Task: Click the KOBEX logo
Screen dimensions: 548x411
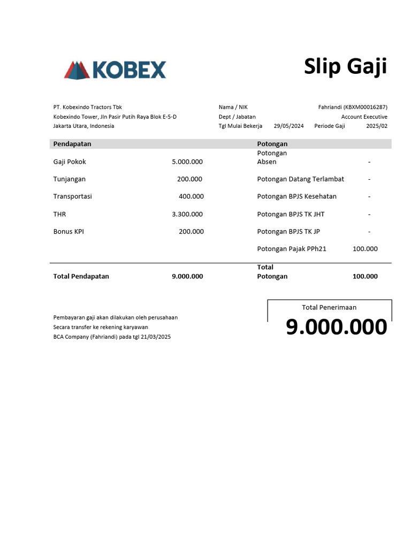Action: (x=115, y=70)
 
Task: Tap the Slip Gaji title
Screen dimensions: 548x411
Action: (x=345, y=67)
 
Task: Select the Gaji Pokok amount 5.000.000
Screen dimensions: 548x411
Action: (x=187, y=162)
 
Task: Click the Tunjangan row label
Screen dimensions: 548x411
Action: (x=70, y=179)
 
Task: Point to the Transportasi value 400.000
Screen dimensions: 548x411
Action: (x=191, y=196)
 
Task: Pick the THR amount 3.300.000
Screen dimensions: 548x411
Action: (x=187, y=214)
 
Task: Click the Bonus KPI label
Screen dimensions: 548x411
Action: (x=68, y=232)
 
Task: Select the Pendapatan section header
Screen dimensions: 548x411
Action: (x=72, y=144)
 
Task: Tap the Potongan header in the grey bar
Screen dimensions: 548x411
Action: (x=272, y=144)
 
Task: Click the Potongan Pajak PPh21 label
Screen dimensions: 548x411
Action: (x=292, y=249)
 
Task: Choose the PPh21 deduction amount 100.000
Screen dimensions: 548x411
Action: (x=365, y=249)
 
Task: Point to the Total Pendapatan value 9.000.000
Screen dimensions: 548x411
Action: (x=187, y=277)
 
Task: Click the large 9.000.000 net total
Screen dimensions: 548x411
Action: (x=336, y=327)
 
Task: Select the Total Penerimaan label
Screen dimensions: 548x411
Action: (x=329, y=307)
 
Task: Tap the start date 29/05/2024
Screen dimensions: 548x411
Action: (x=288, y=126)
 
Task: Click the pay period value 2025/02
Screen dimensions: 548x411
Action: (x=377, y=126)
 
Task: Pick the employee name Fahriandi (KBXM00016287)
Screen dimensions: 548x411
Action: (x=353, y=107)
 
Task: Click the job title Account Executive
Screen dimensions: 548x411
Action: (x=364, y=117)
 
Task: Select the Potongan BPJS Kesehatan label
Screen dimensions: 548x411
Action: (x=297, y=196)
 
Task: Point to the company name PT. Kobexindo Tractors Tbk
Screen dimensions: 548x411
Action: (x=88, y=107)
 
